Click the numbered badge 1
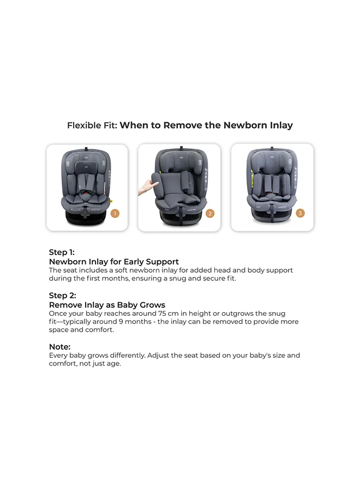pyautogui.click(x=115, y=213)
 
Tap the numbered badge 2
pyautogui.click(x=210, y=213)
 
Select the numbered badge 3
pyautogui.click(x=300, y=213)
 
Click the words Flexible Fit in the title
pyautogui.click(x=91, y=125)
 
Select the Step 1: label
pyautogui.click(x=62, y=252)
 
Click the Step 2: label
pyautogui.click(x=62, y=296)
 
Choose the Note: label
pyautogui.click(x=60, y=346)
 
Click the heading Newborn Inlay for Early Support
pyautogui.click(x=114, y=262)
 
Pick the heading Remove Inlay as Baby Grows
pyautogui.click(x=107, y=305)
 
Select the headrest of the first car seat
pyautogui.click(x=88, y=163)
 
